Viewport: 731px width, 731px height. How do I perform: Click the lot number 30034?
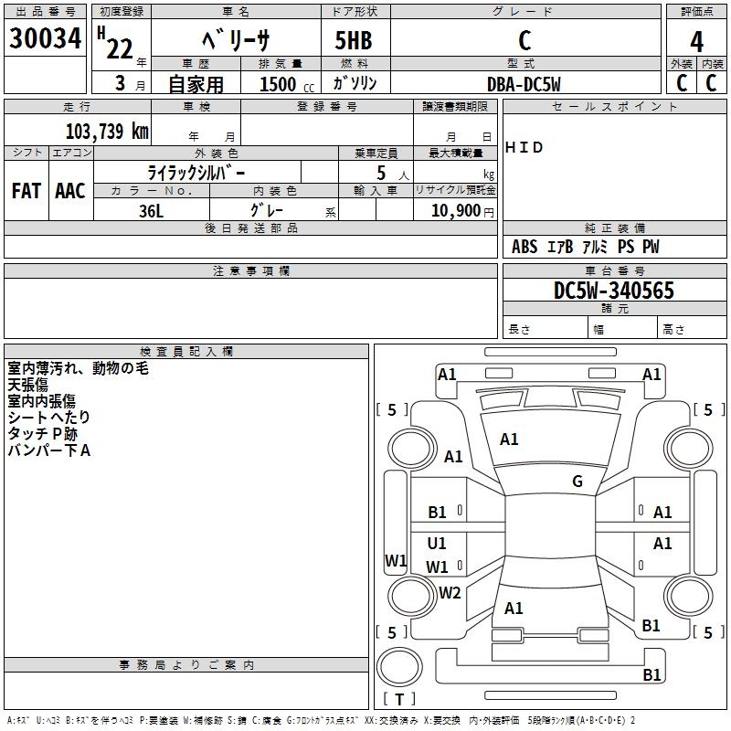pos(45,38)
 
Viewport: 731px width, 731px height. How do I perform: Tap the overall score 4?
pos(696,42)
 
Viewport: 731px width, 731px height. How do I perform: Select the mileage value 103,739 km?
pos(107,131)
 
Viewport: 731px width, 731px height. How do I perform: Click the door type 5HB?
pos(354,40)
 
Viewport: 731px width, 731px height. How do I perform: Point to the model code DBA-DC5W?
pos(524,84)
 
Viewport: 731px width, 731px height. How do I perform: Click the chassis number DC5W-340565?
pos(613,291)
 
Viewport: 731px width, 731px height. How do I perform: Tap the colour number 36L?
pos(151,211)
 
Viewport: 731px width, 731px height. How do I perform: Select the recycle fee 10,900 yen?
pos(462,211)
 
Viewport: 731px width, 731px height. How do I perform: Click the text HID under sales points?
pos(524,147)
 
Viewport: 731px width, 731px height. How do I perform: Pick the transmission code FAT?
pos(26,191)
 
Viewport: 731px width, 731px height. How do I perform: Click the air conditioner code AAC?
pos(70,191)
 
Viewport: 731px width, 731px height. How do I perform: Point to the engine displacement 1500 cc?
pos(287,84)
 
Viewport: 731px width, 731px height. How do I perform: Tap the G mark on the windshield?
pos(577,482)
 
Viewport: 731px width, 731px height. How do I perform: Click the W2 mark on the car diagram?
pos(450,592)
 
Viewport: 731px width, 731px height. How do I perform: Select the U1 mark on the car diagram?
pos(437,543)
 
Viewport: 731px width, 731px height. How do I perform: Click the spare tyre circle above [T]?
pos(399,667)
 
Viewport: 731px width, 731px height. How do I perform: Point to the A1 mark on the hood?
pos(509,440)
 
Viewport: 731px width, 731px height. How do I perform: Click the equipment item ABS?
pos(524,247)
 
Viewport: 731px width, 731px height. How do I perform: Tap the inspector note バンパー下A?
pos(49,450)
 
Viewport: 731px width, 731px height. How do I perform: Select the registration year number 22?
pos(120,48)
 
